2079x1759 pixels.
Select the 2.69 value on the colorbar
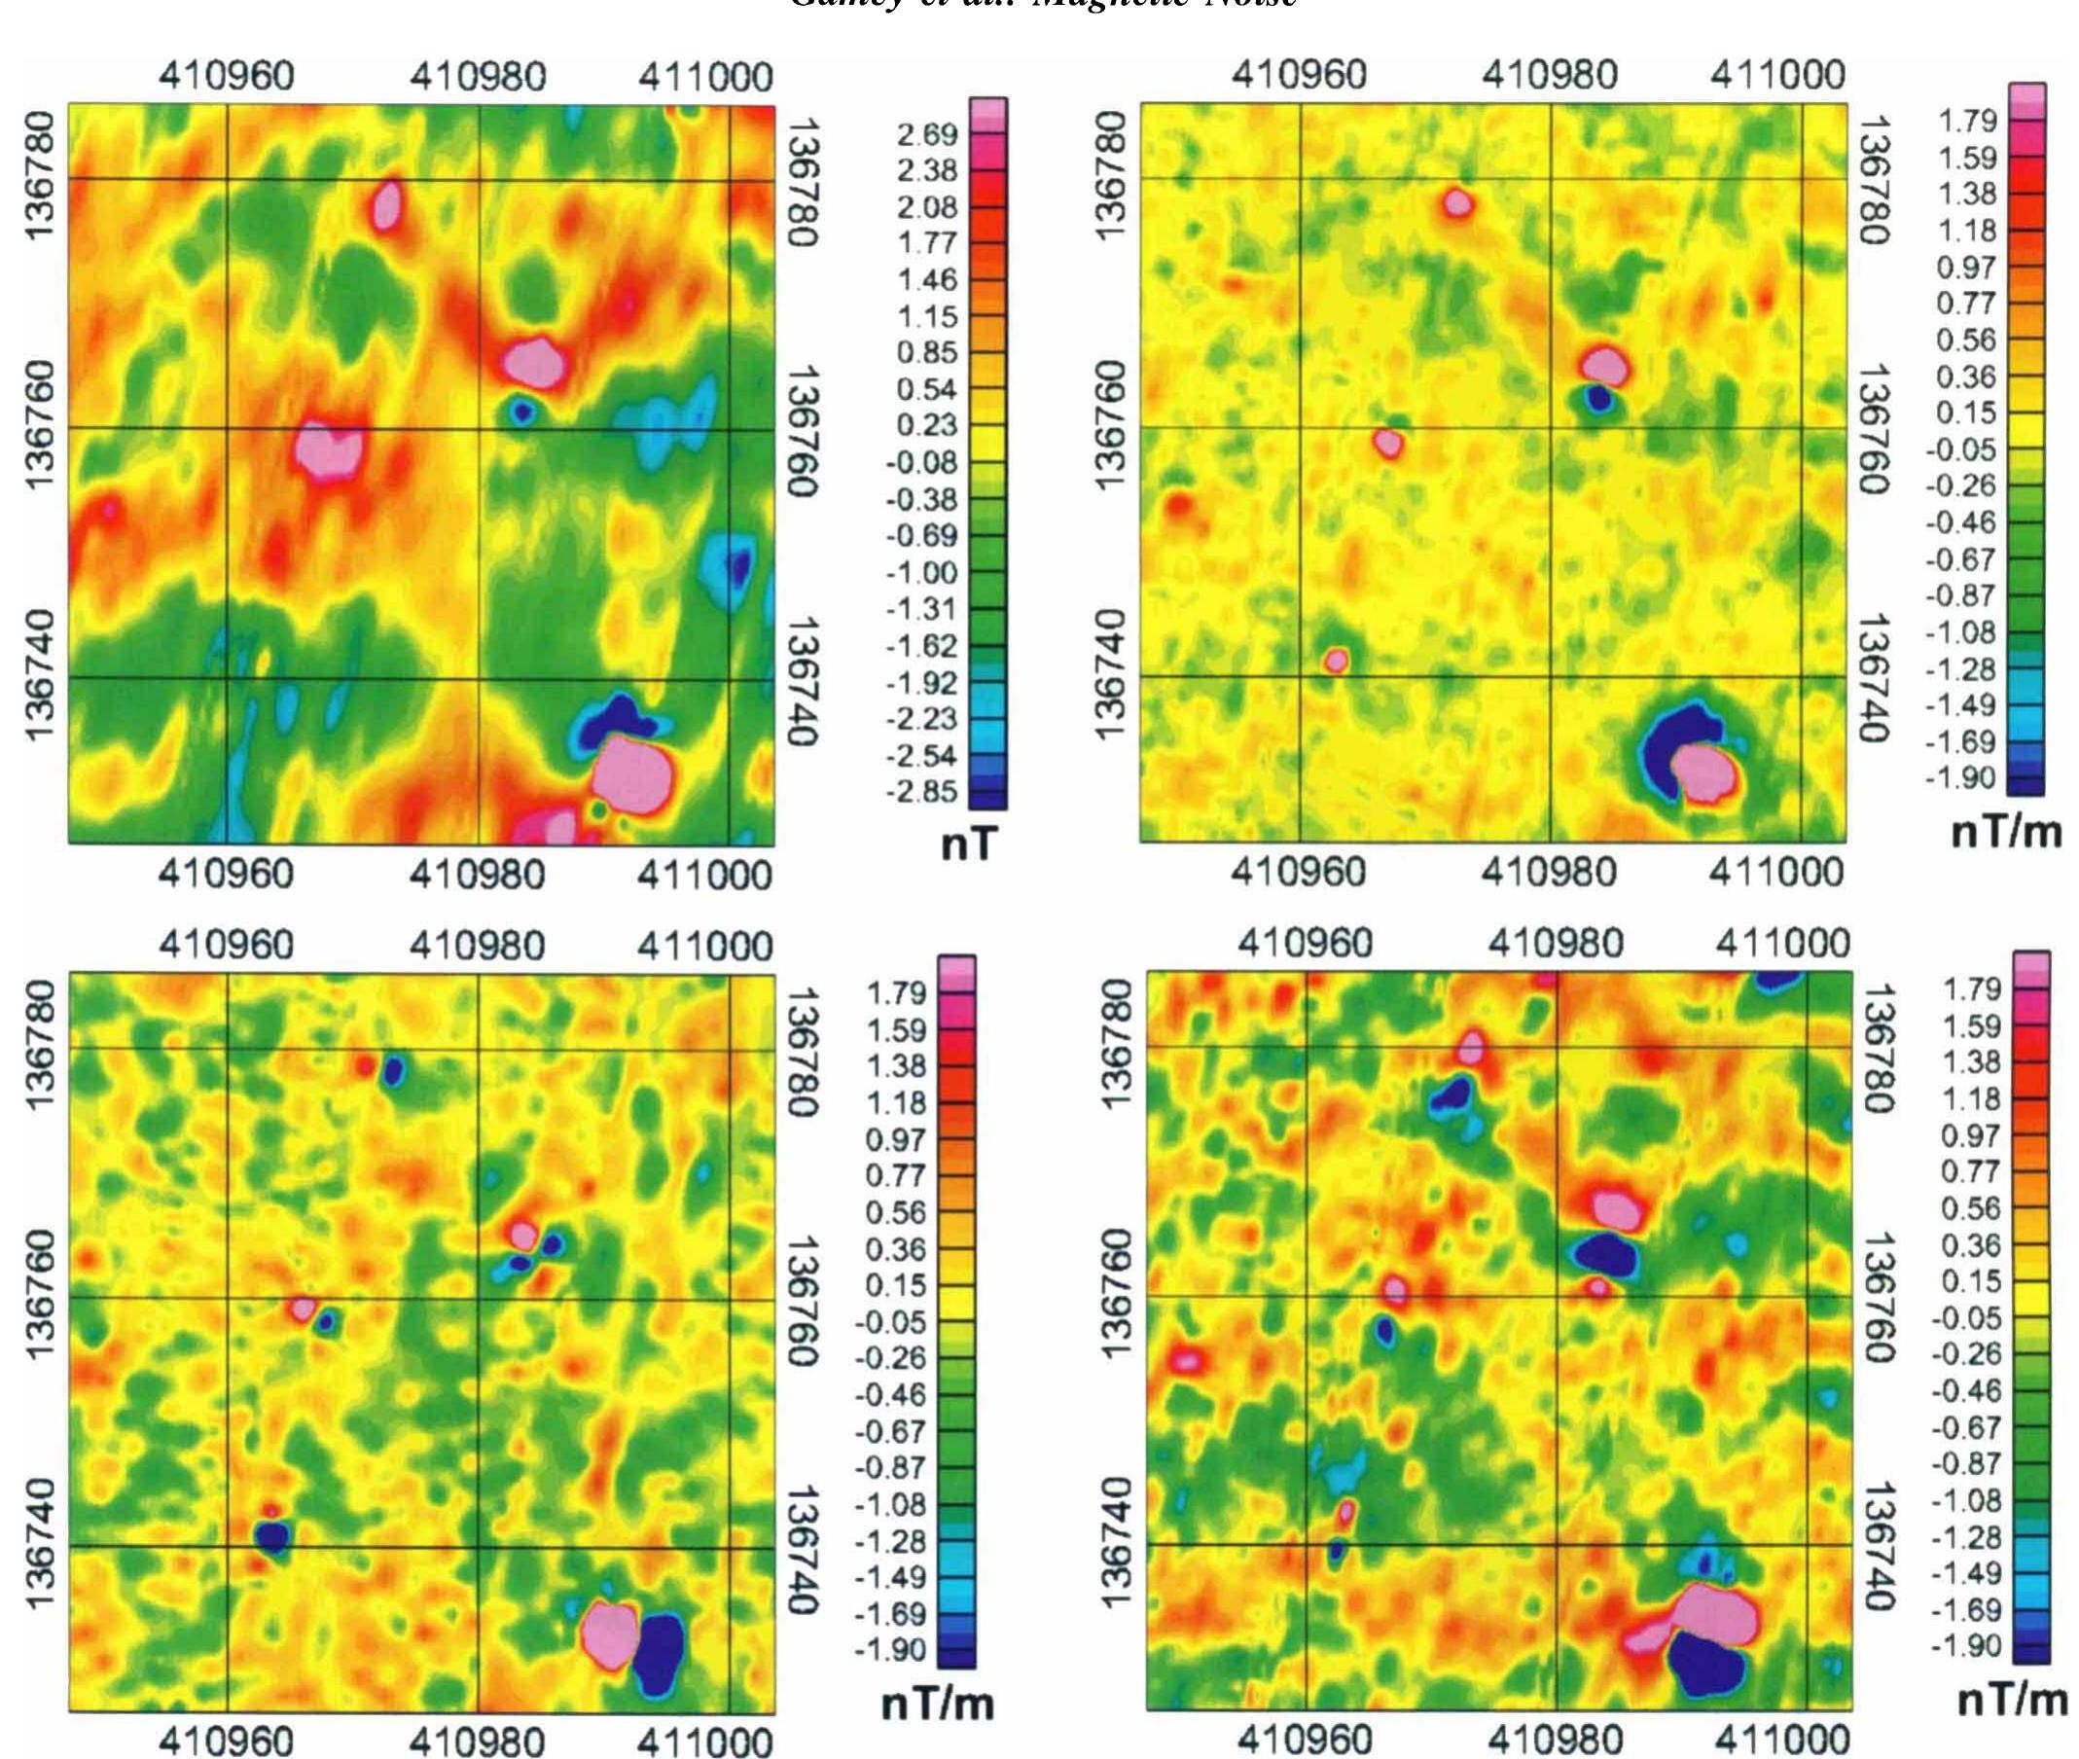coord(927,133)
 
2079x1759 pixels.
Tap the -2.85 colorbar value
coord(922,793)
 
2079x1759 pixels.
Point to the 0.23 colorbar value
coord(927,426)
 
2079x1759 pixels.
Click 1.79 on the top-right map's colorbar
coord(1968,122)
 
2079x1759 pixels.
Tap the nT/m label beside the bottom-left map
coord(938,1705)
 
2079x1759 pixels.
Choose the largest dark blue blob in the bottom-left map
coord(659,1652)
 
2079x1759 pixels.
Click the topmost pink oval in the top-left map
coord(387,205)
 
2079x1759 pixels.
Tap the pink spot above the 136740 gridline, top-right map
coord(1336,659)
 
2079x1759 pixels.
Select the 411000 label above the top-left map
coord(705,77)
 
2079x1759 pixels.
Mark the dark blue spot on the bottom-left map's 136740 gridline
coord(272,1537)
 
